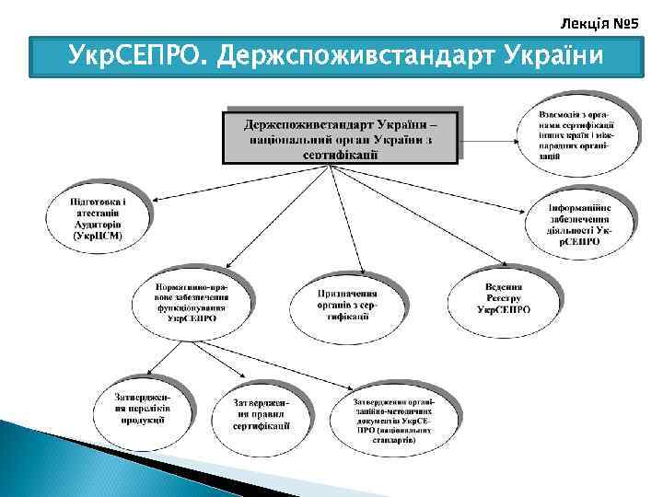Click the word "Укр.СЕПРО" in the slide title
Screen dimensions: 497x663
(x=138, y=57)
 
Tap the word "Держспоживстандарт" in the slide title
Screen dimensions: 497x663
(x=356, y=57)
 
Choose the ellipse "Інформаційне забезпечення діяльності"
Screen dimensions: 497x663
(x=579, y=225)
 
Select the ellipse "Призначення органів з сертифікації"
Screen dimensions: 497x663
(x=347, y=303)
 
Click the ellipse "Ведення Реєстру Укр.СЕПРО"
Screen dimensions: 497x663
(x=504, y=297)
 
